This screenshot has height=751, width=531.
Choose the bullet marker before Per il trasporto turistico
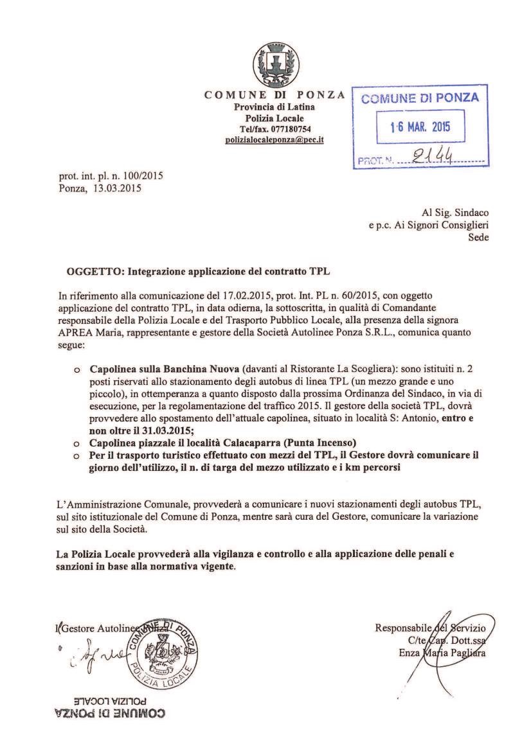[x=77, y=455]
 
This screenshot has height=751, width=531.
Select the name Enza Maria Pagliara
[x=442, y=652]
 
